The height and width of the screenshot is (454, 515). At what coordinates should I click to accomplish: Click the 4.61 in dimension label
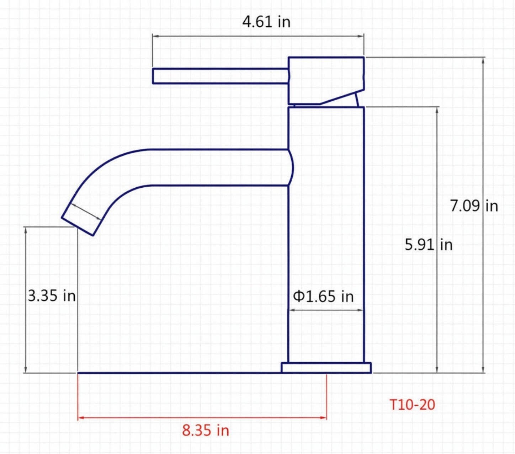tap(266, 22)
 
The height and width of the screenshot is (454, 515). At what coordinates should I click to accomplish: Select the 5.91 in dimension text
tap(429, 245)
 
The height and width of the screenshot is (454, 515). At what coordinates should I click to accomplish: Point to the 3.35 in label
tap(52, 296)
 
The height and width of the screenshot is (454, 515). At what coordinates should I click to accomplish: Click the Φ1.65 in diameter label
tap(323, 296)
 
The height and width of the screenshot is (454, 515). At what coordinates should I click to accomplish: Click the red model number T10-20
tap(412, 405)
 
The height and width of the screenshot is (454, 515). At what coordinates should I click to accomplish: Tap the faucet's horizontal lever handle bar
tap(221, 76)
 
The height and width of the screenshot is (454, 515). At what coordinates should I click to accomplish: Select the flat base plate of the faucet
tap(326, 368)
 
